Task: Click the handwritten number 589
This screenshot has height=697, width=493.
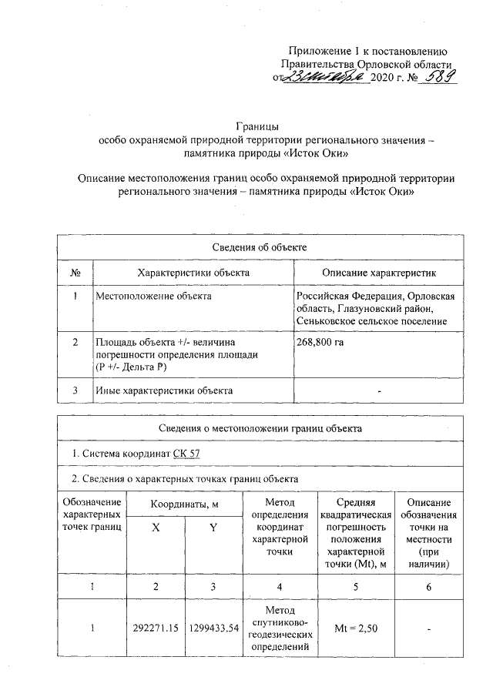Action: coord(435,78)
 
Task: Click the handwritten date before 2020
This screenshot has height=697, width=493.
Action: coord(317,78)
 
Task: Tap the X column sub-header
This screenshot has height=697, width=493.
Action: coord(156,531)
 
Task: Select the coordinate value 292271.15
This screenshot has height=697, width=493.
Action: coord(156,628)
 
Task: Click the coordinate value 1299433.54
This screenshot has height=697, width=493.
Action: coord(213,628)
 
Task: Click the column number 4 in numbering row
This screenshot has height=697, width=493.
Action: coord(274,588)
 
